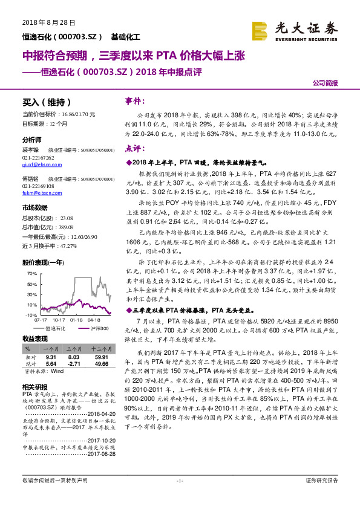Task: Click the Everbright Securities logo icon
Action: pyautogui.click(x=260, y=30)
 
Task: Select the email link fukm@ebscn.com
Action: pyautogui.click(x=38, y=193)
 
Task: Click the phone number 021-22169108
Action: pyautogui.click(x=38, y=186)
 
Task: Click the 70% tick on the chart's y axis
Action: pyautogui.click(x=32, y=274)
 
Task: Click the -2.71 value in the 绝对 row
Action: pyautogui.click(x=73, y=364)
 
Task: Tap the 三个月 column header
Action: pyautogui.click(x=73, y=349)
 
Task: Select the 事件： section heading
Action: pyautogui.click(x=135, y=100)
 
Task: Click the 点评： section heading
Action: pyautogui.click(x=135, y=148)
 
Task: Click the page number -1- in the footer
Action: pyautogui.click(x=180, y=498)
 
